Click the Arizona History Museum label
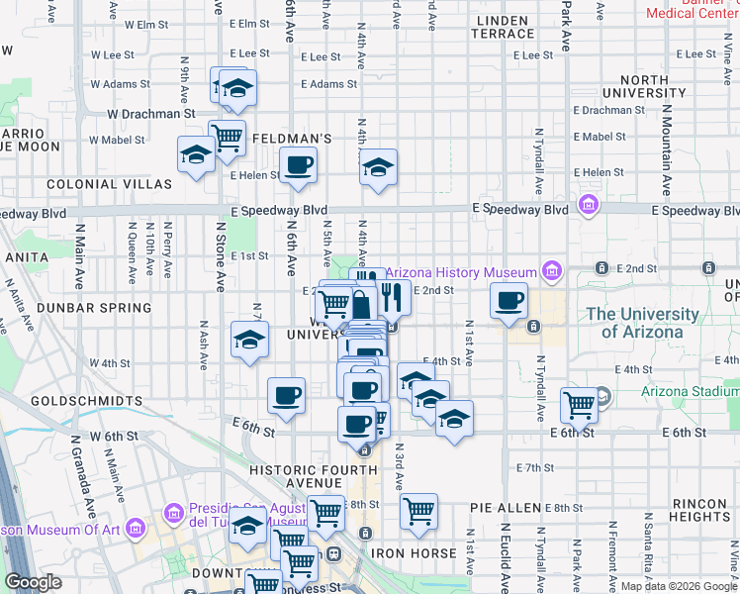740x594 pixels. pyautogui.click(x=461, y=272)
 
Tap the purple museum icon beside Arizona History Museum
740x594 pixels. pyautogui.click(x=551, y=271)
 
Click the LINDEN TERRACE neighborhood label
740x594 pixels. pyautogui.click(x=504, y=27)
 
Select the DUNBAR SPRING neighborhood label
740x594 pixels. pyautogui.click(x=94, y=308)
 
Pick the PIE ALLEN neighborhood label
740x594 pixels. pyautogui.click(x=506, y=508)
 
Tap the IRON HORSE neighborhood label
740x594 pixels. pyautogui.click(x=413, y=552)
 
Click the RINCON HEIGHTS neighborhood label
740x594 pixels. pyautogui.click(x=698, y=510)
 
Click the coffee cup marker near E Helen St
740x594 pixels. pyautogui.click(x=298, y=166)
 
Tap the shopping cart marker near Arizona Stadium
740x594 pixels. pyautogui.click(x=579, y=404)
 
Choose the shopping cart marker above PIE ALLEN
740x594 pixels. pyautogui.click(x=419, y=511)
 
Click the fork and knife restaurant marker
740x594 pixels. pyautogui.click(x=392, y=296)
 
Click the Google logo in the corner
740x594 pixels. pyautogui.click(x=34, y=583)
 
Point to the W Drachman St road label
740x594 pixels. pyautogui.click(x=150, y=114)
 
